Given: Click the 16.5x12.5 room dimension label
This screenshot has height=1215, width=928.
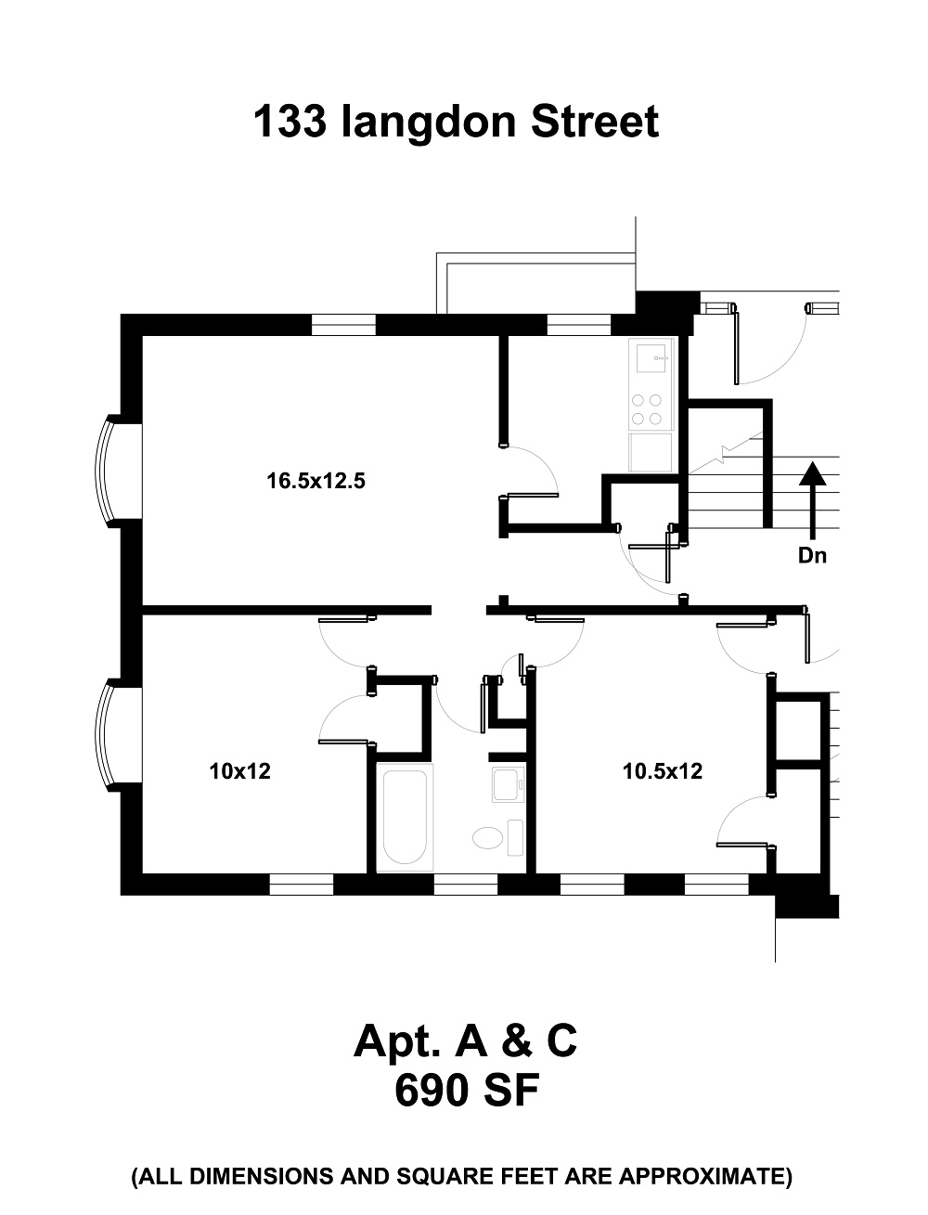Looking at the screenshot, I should (309, 482).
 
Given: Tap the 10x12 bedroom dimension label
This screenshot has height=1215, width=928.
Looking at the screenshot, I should (239, 770).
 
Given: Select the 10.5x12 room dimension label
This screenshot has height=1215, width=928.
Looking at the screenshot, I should (662, 770).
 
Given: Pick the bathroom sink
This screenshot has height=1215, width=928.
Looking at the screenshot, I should (507, 784).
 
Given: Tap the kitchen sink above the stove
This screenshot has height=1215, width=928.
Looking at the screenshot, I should (651, 356).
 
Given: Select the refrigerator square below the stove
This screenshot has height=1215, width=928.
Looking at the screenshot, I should (651, 452).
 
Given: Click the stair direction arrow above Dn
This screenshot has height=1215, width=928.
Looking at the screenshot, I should (812, 497).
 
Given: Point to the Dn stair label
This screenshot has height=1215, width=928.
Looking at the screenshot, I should (812, 557).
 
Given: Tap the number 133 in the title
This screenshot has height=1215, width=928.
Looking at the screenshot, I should (289, 122).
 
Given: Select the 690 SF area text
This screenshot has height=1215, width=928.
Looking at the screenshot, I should (466, 1091).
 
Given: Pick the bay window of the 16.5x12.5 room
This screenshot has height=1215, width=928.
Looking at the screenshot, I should (111, 471).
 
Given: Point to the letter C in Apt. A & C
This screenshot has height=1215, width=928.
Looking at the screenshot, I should (560, 1041).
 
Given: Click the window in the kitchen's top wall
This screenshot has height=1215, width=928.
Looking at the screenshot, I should (578, 324).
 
